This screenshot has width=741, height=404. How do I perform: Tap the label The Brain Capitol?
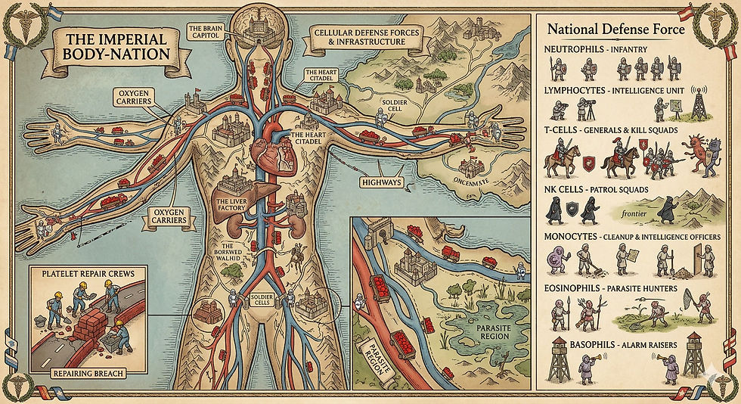click(x=205, y=31)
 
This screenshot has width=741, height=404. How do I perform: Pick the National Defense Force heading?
click(x=616, y=30)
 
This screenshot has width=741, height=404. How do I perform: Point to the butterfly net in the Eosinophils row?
click(x=672, y=308)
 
